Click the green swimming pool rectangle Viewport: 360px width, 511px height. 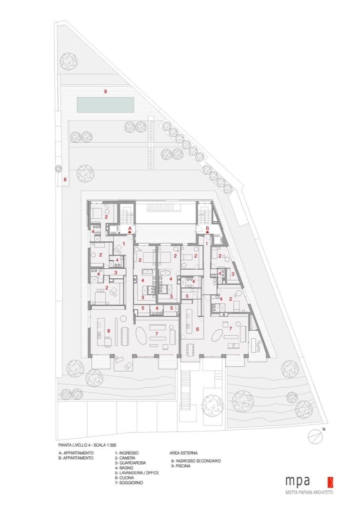click(x=106, y=105)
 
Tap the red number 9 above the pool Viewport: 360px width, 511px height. click(x=105, y=91)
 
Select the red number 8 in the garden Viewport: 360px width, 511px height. click(x=65, y=179)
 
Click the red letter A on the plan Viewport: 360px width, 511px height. click(x=130, y=229)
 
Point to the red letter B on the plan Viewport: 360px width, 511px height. click(x=208, y=228)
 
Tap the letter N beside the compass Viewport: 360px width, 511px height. click(x=324, y=429)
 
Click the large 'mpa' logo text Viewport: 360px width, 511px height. click(x=298, y=481)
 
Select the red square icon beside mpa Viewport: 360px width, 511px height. click(x=330, y=482)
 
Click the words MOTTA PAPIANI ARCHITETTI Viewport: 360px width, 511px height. click(x=309, y=492)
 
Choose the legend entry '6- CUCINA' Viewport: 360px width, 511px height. click(x=124, y=477)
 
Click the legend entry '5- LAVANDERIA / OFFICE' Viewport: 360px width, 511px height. click(x=137, y=472)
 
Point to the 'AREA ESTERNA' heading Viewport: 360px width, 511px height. click(x=183, y=453)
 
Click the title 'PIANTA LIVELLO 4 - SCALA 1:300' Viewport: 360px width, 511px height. click(x=88, y=445)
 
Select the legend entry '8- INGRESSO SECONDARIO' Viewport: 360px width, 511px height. click(x=196, y=461)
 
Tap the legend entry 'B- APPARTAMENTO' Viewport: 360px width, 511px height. click(x=76, y=458)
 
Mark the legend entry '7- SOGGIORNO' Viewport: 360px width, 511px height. click(x=129, y=482)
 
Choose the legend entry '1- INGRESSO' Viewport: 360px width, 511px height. click(x=127, y=453)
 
